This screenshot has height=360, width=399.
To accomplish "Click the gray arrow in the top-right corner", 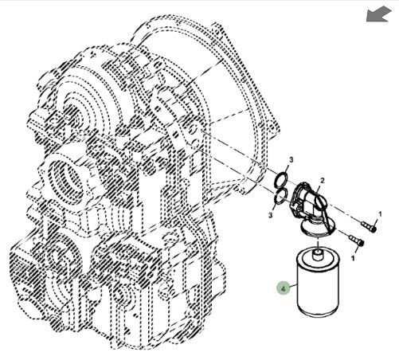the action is click(379, 14).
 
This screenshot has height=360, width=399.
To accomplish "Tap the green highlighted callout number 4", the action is click(284, 288).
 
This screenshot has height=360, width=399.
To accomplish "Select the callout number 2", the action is click(323, 181).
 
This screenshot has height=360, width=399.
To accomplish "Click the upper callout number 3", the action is click(291, 160).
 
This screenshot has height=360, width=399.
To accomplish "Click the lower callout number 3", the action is click(271, 215).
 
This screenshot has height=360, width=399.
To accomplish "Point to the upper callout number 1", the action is click(380, 214).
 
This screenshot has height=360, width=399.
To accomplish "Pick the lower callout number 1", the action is click(353, 258).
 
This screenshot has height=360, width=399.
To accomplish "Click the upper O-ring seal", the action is click(281, 179).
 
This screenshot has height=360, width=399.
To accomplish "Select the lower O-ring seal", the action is click(280, 197).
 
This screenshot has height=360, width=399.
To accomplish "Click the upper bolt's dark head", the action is click(374, 229).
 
